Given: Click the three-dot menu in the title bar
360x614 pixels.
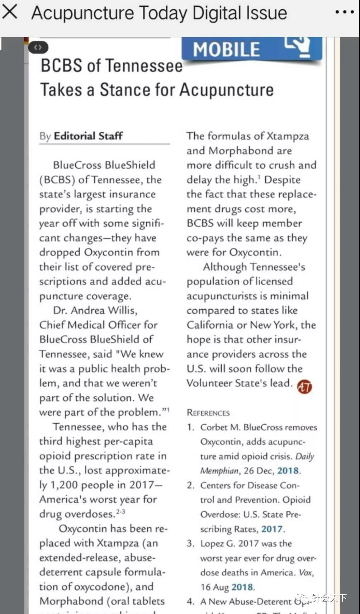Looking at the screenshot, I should coord(344,12).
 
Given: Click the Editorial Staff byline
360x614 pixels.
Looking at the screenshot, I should coord(88,136).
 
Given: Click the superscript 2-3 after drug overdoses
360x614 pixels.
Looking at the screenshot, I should coord(120,511).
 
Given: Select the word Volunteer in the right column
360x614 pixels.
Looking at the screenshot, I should coord(209,383).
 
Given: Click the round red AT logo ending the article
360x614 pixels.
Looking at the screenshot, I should coord(304,386).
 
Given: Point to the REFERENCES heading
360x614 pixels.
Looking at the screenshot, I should coord(208,413).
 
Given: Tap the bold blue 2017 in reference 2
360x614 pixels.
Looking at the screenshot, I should coord(272,529).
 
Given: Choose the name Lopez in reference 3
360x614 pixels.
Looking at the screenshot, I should coord(212,544).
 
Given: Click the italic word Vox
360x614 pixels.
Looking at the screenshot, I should coord(306,572).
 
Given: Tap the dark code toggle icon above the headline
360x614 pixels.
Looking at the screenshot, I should coord(38,47).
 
